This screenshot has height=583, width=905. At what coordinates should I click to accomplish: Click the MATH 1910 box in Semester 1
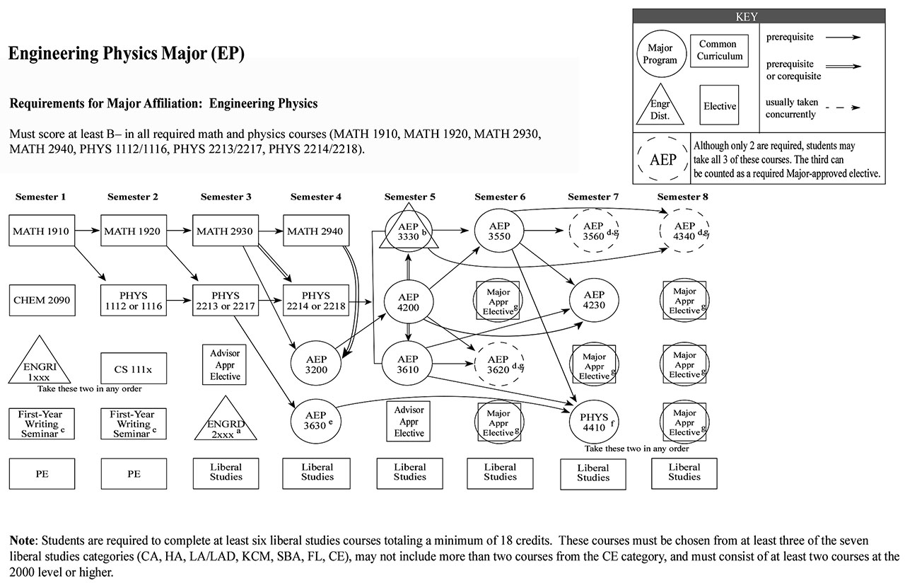click(42, 231)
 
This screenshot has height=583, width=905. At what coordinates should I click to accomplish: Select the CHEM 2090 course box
click(42, 301)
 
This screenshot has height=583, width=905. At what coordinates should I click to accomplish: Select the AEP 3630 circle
click(317, 420)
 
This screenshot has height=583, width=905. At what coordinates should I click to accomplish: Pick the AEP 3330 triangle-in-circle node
click(409, 231)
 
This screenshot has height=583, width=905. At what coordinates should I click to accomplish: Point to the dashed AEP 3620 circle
click(500, 364)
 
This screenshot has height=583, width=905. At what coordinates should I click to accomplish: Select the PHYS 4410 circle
click(594, 422)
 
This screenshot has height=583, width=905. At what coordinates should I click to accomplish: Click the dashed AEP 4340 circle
click(684, 231)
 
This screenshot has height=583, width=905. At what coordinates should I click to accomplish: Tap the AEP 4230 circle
click(594, 300)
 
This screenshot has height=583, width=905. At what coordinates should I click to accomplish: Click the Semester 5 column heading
click(409, 197)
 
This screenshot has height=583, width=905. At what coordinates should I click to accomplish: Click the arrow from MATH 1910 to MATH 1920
click(88, 231)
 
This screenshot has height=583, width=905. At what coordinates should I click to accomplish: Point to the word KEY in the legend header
click(758, 15)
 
